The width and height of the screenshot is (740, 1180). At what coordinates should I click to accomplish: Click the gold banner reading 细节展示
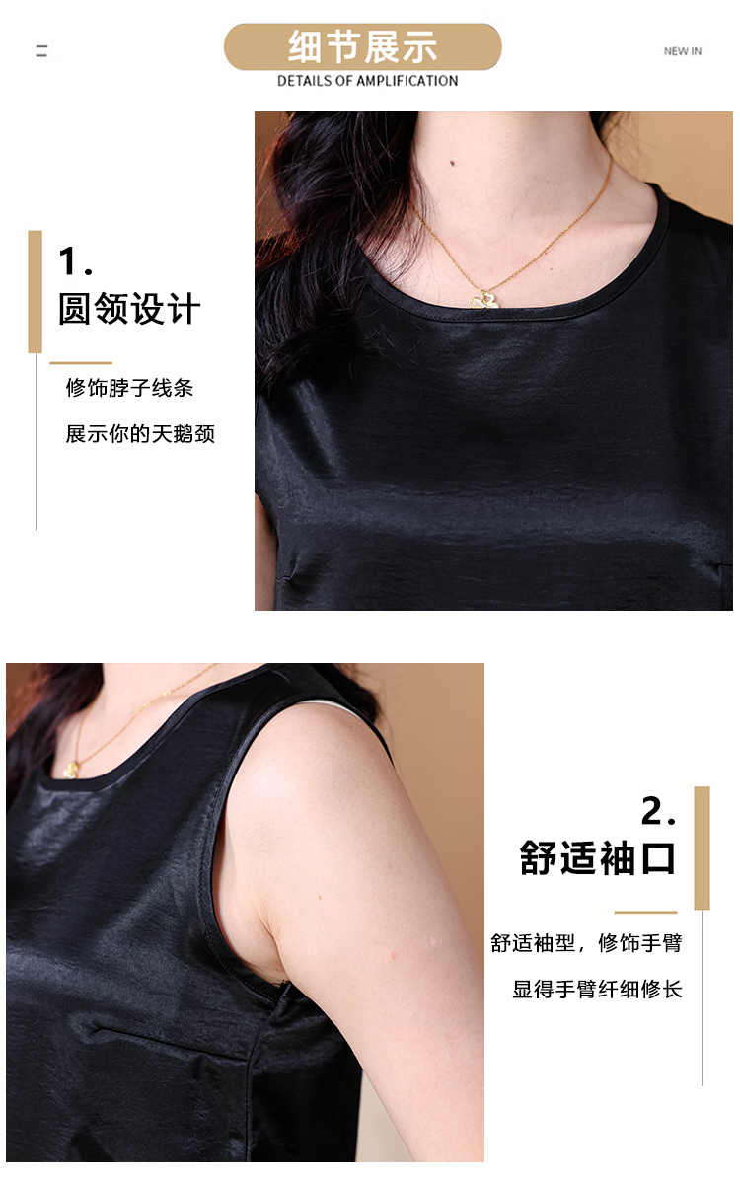pos(362,46)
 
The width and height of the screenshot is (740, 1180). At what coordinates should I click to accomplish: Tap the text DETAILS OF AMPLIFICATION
pos(367,81)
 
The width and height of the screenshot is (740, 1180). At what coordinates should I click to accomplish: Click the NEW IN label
pos(682,51)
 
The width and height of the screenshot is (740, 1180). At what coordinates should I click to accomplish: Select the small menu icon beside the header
pos(41,51)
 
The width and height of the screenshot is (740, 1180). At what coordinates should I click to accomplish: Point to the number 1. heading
pos(75,261)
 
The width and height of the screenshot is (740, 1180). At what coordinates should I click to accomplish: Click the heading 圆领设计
pos(129,309)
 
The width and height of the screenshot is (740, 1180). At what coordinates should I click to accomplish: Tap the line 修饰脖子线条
pos(129,388)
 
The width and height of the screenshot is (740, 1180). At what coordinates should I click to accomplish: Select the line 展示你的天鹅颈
pos(140,433)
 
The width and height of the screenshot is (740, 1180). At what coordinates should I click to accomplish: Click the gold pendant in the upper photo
pos(484,300)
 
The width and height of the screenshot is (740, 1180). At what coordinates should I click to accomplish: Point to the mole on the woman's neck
pos(452,163)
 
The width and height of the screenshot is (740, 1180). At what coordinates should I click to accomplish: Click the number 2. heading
pos(658,811)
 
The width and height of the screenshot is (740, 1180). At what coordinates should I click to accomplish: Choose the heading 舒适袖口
pos(597,858)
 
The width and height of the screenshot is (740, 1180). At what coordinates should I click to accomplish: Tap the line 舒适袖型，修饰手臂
pos(586,943)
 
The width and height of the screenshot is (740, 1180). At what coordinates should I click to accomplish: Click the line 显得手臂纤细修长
pos(597,989)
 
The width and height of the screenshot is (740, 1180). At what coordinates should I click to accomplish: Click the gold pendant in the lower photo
pos(71,770)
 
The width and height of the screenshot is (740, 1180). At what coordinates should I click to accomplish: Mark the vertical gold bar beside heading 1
pos(35,292)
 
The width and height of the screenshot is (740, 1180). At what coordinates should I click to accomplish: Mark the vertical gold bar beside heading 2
pos(702,848)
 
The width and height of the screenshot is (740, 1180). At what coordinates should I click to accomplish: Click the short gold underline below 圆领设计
pos(81,363)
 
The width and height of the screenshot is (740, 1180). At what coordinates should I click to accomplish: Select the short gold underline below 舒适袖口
pos(645,912)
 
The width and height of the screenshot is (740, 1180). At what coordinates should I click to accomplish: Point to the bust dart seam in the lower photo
pos(170,1041)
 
